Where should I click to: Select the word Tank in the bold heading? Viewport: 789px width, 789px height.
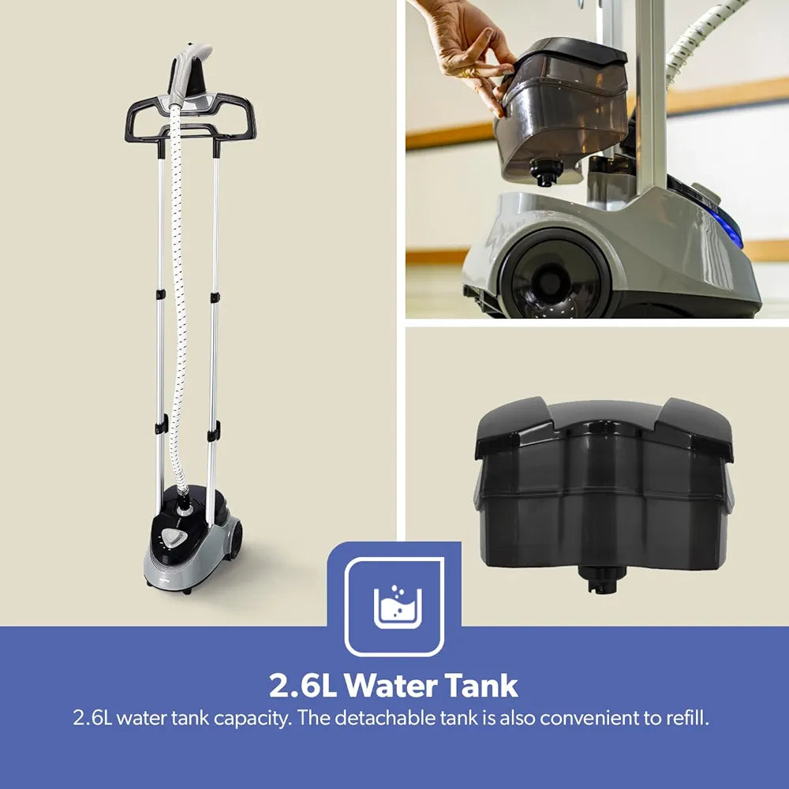click(x=481, y=686)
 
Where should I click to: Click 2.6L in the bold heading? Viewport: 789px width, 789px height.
click(x=303, y=686)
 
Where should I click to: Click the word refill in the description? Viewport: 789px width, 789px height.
click(x=688, y=718)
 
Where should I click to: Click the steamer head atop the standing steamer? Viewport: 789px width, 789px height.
click(x=189, y=73)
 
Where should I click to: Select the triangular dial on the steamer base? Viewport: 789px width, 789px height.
click(x=174, y=539)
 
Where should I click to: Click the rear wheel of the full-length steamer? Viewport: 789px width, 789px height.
click(x=234, y=540)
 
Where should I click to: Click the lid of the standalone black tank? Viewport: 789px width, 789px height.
click(x=604, y=428)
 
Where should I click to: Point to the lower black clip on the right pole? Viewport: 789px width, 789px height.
click(x=214, y=432)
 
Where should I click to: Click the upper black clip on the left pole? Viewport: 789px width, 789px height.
click(x=160, y=294)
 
